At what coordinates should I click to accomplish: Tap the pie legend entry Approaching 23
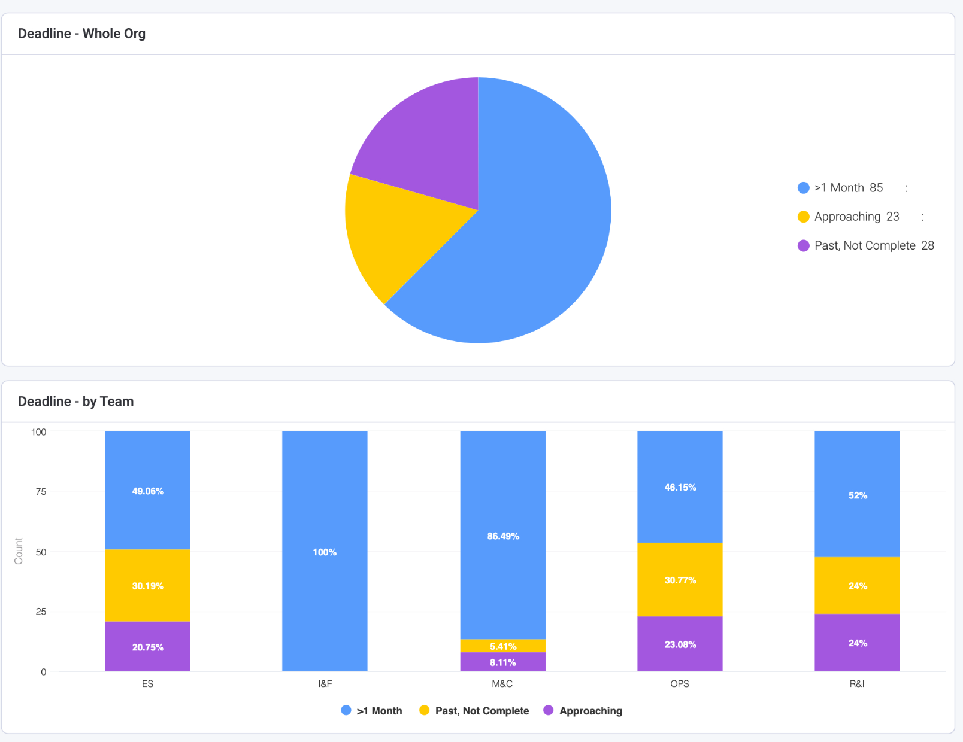coord(856,217)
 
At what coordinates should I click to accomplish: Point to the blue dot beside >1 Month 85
coord(804,188)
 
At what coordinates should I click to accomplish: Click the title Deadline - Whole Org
coord(81,34)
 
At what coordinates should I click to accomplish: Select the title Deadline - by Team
coord(75,402)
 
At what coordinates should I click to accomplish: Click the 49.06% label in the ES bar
coord(148,491)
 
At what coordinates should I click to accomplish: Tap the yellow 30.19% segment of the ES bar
coord(148,586)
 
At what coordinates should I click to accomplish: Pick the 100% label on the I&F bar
coord(325,552)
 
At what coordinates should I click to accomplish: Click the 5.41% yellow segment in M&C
coord(502,646)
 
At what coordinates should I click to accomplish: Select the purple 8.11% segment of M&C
coord(502,662)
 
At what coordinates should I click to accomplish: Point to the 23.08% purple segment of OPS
coord(680,644)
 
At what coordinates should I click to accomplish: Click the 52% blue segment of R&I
coord(857,495)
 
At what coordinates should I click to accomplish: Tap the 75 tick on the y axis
coord(41,492)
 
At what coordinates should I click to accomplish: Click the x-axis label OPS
coord(680,683)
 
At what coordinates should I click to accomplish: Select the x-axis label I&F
coord(325,683)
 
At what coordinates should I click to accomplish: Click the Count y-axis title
coord(19,551)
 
